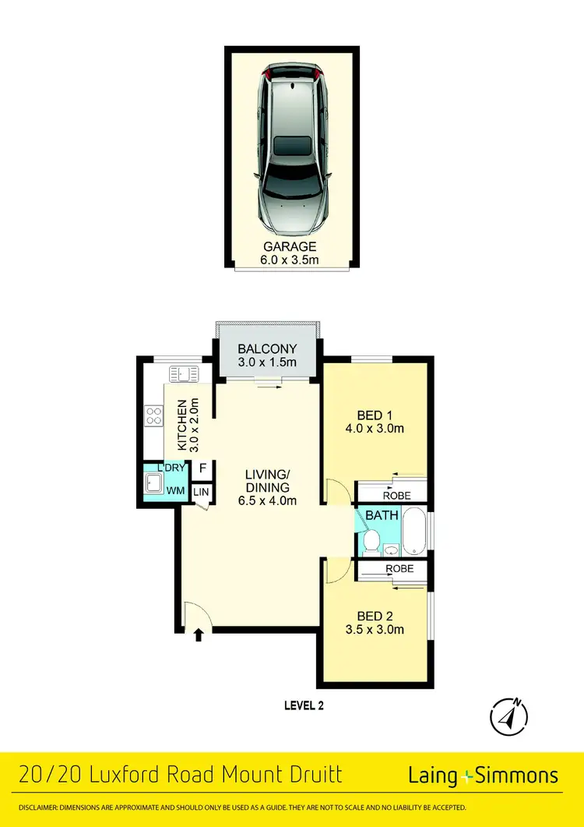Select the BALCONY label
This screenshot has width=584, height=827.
[266, 355]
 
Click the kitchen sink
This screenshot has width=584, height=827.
[185, 375]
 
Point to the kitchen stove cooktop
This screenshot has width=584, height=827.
[153, 417]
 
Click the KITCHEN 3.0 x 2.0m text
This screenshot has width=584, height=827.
[188, 425]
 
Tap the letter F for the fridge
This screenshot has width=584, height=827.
[202, 468]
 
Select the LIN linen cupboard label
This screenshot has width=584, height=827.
[201, 492]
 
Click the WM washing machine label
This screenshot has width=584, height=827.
[177, 491]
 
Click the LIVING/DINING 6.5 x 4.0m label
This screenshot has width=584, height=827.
[268, 486]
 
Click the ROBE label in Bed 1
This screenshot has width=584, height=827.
[397, 495]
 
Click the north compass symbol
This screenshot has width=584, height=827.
[509, 713]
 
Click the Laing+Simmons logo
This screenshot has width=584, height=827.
[483, 775]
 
